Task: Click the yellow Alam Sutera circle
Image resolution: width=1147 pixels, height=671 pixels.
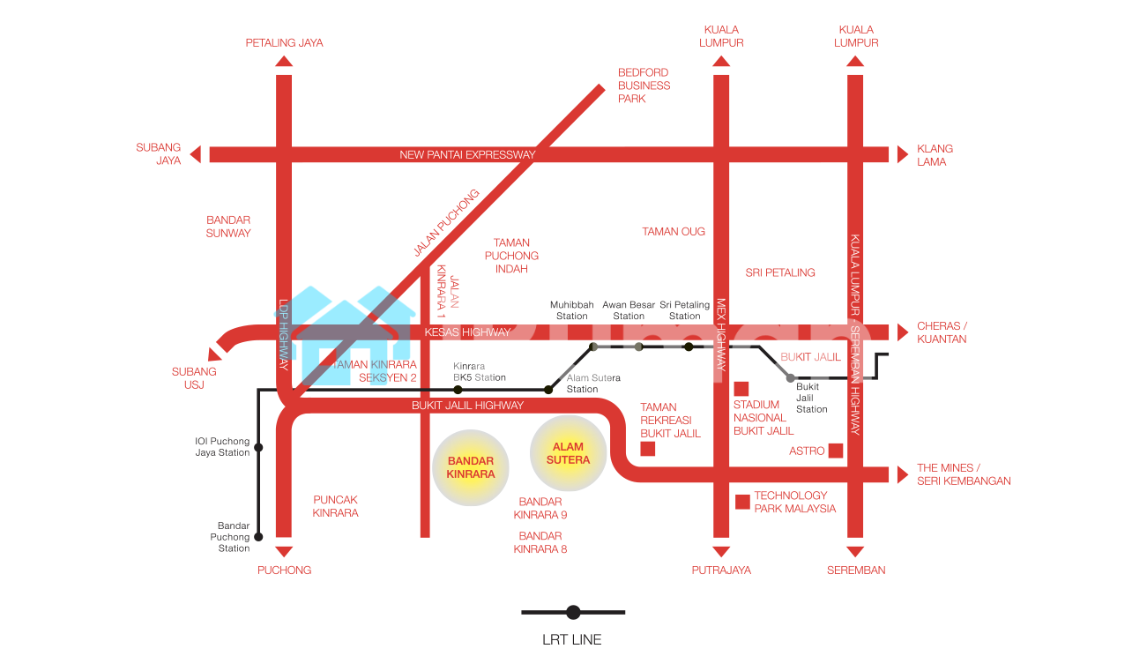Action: click(x=568, y=453)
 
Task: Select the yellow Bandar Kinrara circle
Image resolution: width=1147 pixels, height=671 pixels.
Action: click(x=471, y=467)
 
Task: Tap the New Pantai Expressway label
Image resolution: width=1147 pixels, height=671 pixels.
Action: click(x=467, y=155)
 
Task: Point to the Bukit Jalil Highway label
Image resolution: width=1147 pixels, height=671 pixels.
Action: click(x=467, y=406)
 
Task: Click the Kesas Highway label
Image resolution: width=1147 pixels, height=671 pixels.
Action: click(x=467, y=332)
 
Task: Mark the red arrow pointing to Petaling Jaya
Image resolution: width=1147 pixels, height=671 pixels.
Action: click(x=284, y=61)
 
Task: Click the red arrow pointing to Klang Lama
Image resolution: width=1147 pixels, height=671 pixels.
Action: click(x=902, y=154)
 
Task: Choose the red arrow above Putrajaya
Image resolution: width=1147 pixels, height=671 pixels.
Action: click(x=721, y=552)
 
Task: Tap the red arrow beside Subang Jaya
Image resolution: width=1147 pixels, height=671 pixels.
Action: click(x=196, y=154)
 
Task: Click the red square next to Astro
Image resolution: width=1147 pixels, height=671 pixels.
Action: click(x=835, y=451)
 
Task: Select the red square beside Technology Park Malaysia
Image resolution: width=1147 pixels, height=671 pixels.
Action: click(x=742, y=502)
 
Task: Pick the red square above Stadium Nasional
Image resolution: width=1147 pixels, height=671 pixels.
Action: click(x=741, y=389)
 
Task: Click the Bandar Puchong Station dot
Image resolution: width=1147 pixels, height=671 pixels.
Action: click(x=258, y=536)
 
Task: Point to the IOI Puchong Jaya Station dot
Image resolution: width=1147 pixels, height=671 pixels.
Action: click(x=258, y=449)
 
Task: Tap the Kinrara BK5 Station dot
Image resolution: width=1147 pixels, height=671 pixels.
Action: click(x=458, y=389)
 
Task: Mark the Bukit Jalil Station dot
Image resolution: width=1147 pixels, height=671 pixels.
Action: click(x=790, y=377)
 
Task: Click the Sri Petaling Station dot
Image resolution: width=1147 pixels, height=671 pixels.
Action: click(x=689, y=347)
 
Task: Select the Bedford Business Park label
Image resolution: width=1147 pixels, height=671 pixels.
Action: click(x=644, y=86)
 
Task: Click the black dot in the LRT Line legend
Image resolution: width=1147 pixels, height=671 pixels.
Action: click(x=573, y=612)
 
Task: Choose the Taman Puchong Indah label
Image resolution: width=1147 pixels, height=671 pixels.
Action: click(x=511, y=256)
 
